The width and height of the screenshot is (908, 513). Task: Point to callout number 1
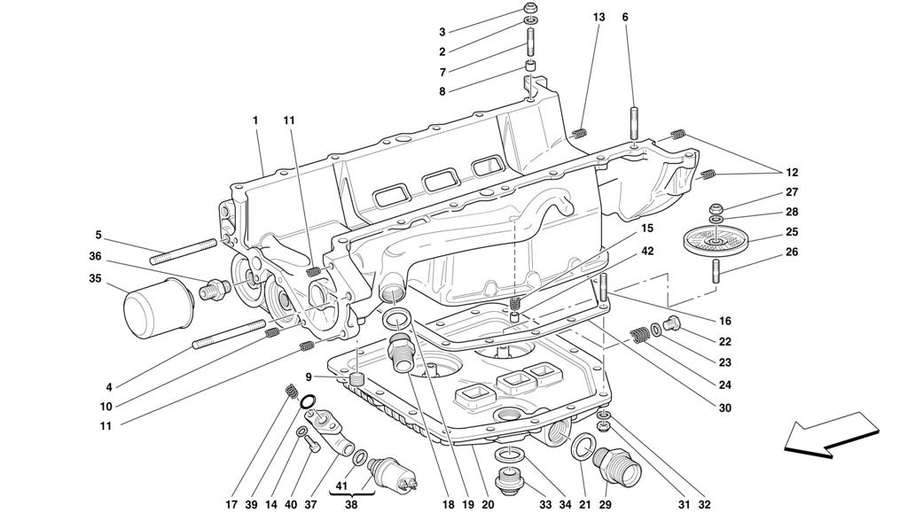[255, 119]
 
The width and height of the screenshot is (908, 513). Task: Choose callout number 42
[647, 252]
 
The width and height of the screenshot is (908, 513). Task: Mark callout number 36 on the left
[95, 257]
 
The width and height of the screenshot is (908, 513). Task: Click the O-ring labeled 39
[307, 404]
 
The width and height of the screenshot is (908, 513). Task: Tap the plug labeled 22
[673, 323]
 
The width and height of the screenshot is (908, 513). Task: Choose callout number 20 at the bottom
[488, 504]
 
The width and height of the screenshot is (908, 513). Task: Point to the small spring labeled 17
[290, 390]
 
